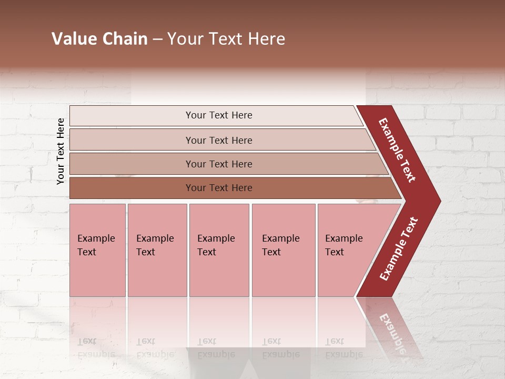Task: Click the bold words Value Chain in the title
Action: (x=99, y=39)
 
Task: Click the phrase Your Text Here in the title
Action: (x=226, y=39)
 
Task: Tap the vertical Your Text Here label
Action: (x=60, y=151)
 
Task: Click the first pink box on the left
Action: (x=97, y=274)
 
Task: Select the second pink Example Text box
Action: (x=157, y=274)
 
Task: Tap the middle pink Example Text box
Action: (x=219, y=274)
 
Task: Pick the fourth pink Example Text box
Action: (x=284, y=274)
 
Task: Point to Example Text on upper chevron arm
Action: (x=398, y=150)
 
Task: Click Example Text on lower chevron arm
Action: (x=399, y=249)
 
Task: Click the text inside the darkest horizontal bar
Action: (x=219, y=188)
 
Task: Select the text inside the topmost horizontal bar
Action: (x=219, y=115)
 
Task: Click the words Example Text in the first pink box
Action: (x=96, y=245)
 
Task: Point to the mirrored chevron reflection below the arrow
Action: (x=392, y=329)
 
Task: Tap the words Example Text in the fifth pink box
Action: (x=344, y=245)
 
